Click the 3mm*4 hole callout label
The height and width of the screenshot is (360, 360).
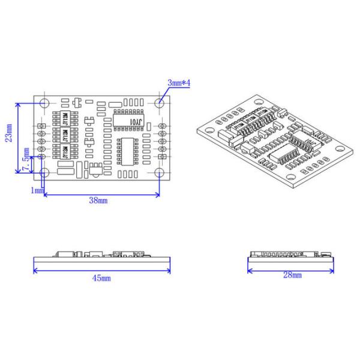coord(178,83)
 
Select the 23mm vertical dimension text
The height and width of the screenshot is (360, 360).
coord(9,137)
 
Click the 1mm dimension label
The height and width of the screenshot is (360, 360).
coord(37,190)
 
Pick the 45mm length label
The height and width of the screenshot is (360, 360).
coord(101,278)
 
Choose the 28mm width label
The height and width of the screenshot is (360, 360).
coord(292,275)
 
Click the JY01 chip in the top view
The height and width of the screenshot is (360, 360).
coord(128,120)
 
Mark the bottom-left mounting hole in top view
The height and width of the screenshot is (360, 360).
coord(44,173)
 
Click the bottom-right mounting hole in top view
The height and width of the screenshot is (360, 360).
coord(159,173)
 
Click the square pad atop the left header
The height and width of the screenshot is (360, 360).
coord(41,125)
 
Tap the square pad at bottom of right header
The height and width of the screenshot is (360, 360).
coord(162,157)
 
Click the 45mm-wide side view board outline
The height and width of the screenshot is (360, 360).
coord(101,260)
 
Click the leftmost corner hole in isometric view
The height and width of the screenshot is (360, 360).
coord(209,128)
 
